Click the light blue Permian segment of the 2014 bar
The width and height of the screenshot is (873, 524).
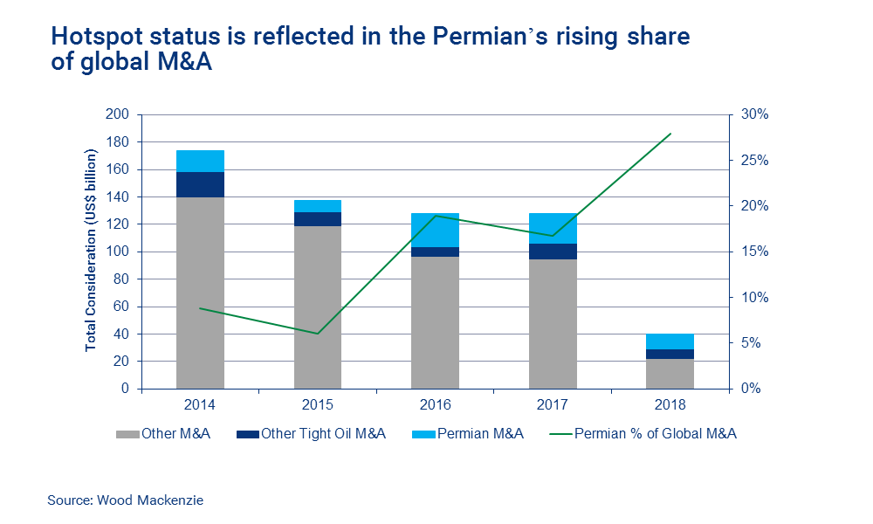[200, 162]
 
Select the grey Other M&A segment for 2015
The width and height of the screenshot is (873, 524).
[318, 306]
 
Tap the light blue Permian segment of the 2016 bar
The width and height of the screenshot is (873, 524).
[435, 230]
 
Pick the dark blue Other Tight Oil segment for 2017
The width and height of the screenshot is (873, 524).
[553, 252]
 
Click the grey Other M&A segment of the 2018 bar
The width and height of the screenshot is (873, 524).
[670, 373]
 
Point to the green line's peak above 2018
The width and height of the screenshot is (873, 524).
[670, 134]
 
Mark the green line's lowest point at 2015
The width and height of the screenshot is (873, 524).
[318, 334]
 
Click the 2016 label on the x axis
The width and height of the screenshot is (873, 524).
[435, 405]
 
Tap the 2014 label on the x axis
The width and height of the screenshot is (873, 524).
[200, 405]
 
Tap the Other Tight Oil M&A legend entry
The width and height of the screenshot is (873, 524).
[313, 433]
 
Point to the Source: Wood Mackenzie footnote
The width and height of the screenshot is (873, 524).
[125, 500]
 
